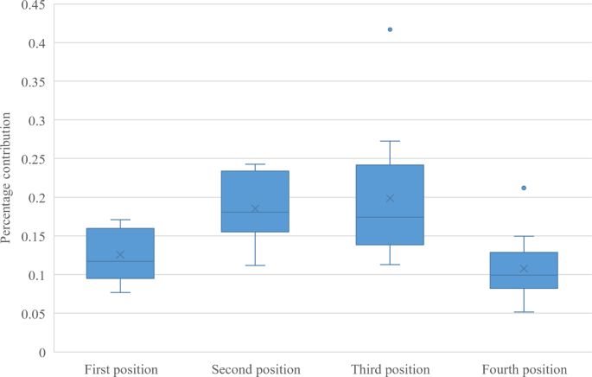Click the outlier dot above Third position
390,29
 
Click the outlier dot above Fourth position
524,188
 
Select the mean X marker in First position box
120,255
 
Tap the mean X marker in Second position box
255,208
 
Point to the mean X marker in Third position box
390,198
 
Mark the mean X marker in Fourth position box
524,269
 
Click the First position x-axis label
120,369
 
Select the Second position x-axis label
256,369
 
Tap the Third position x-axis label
390,369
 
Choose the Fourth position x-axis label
525,369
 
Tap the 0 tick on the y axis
41,353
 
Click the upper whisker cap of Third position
390,141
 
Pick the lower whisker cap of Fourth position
524,311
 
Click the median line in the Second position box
255,212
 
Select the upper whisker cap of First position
120,220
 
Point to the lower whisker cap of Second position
255,265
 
